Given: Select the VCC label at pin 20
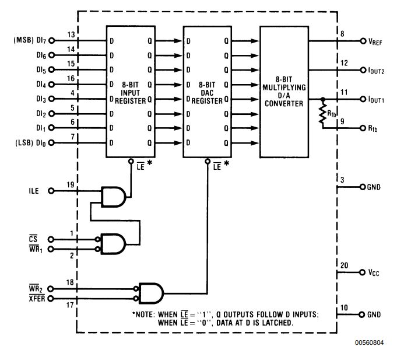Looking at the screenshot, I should [374, 273].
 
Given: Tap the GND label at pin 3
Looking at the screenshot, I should [374, 188].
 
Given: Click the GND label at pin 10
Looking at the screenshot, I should [374, 314].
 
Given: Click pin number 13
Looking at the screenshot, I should [71, 34].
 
